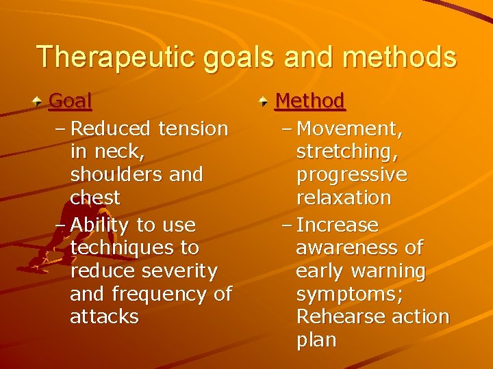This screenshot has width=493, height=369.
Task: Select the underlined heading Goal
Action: [71, 101]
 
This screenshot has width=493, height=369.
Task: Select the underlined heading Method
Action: [310, 101]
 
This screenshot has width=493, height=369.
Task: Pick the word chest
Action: [94, 198]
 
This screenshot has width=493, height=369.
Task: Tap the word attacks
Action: [104, 317]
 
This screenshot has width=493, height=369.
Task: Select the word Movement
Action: [351, 128]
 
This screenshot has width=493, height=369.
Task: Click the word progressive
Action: [351, 175]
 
